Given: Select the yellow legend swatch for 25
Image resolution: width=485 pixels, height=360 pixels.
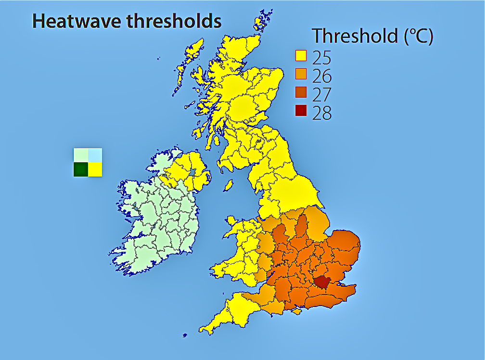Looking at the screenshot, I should point(301,56).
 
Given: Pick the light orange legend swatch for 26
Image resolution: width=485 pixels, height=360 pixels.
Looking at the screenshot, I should point(301,74).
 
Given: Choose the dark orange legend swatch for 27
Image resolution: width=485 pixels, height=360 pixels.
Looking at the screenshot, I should point(301,92).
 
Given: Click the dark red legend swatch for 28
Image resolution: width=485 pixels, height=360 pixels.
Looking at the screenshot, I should point(301,110).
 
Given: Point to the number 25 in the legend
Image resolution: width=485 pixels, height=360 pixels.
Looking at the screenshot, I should point(322,57).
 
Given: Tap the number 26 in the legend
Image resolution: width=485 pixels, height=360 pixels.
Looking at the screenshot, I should point(322,76).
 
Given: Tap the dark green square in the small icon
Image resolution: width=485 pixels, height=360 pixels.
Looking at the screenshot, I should point(80,169).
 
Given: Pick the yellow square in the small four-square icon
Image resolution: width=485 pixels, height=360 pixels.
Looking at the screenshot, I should point(95,169).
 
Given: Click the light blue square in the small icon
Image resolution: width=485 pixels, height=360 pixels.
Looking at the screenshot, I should point(95,155).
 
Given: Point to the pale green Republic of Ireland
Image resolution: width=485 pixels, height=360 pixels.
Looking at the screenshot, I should point(159,226).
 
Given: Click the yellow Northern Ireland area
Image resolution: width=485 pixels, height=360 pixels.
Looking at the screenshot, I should point(190,171).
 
